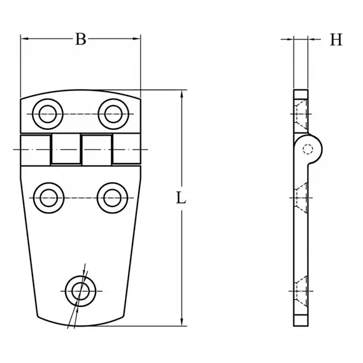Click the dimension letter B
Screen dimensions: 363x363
[80, 39]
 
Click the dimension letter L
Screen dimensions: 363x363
[181, 199]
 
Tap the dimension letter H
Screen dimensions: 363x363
[336, 39]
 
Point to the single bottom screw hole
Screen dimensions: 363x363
[80, 291]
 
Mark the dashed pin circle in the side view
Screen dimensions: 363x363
[308, 151]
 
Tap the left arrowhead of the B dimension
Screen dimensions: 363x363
[25, 39]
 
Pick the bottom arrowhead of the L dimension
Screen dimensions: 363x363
[182, 322]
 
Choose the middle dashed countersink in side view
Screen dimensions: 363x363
[302, 197]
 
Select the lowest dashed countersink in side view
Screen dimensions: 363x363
[302, 291]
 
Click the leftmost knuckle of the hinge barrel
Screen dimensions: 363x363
[35, 150]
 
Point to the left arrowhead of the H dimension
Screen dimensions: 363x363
[290, 39]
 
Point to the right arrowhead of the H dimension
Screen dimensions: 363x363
[312, 39]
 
